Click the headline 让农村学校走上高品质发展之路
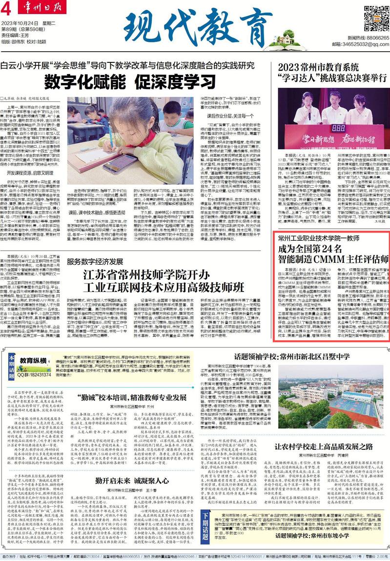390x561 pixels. [324, 446]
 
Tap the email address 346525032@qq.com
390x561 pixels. [368, 44]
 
